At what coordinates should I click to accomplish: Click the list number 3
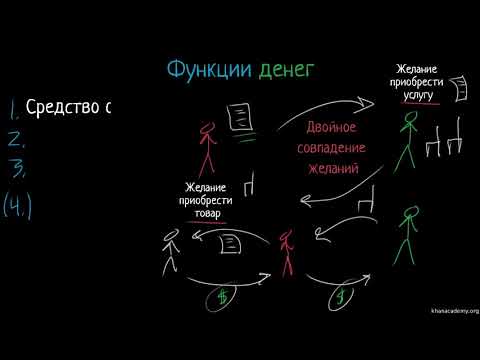click(14, 167)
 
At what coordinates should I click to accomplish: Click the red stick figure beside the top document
click(207, 145)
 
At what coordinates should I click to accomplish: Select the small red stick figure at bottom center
click(287, 251)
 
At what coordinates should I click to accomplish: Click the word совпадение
click(332, 148)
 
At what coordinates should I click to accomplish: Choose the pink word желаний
click(332, 167)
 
